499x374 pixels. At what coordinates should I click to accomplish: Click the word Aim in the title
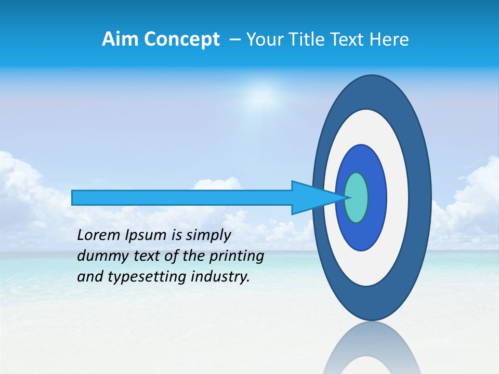point(117,39)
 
